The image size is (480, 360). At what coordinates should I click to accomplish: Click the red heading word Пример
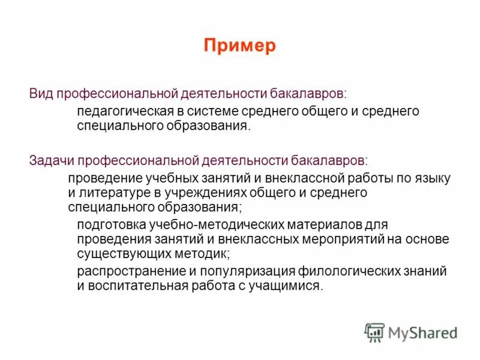coord(239,46)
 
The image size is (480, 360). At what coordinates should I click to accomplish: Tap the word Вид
coord(41,94)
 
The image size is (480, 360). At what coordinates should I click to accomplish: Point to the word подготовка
coord(108,225)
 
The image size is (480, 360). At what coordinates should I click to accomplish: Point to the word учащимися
coord(286,286)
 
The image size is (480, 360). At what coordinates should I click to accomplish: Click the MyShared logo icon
coord(374,332)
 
